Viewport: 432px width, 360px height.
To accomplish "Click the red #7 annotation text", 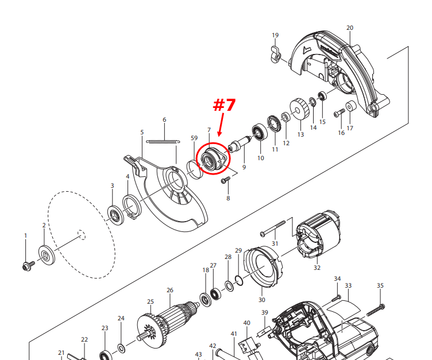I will [225, 106].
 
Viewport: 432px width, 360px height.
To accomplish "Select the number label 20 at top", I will [350, 28].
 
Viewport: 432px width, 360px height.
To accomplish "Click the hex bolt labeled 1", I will [26, 265].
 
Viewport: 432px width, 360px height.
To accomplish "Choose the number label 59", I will [194, 138].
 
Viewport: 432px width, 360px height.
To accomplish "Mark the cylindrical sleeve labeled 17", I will [350, 107].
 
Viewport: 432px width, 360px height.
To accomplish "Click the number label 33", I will [348, 285].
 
